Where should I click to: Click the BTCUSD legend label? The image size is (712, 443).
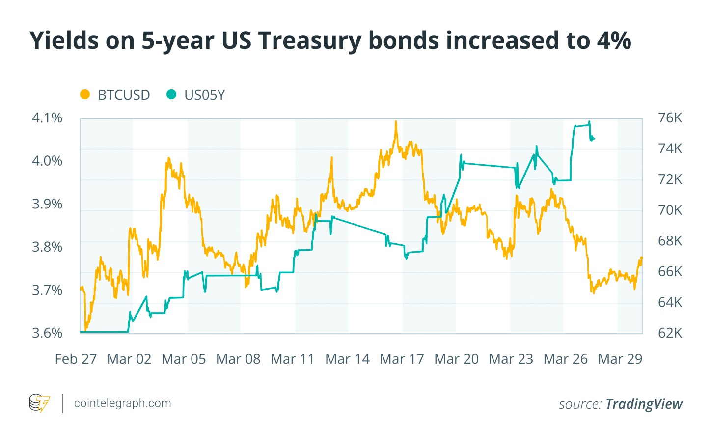coord(124,95)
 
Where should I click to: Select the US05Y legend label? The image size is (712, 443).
coord(204,95)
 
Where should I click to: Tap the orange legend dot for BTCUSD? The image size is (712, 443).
coord(85,94)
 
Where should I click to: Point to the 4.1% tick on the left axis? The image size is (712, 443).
coord(47,118)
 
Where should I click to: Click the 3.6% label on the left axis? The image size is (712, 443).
coord(47,333)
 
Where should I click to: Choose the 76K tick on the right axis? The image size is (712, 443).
coord(670,118)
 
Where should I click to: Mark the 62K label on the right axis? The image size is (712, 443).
coord(670,333)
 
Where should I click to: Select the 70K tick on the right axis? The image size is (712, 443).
coord(670,210)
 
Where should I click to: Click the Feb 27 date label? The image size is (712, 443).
coord(76,359)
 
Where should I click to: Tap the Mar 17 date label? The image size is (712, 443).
coord(402,359)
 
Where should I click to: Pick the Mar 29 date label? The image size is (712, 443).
coord(620,359)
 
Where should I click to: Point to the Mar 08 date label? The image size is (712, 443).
coord(238,359)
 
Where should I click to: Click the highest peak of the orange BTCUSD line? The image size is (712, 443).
coord(396,121)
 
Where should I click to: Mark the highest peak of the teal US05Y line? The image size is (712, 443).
coord(589,122)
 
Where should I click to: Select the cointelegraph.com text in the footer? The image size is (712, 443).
coord(122,403)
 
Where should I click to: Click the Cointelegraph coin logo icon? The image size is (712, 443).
coord(39,403)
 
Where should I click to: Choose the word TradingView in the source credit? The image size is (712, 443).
coord(644,404)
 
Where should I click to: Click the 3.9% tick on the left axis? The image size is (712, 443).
coord(47,204)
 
